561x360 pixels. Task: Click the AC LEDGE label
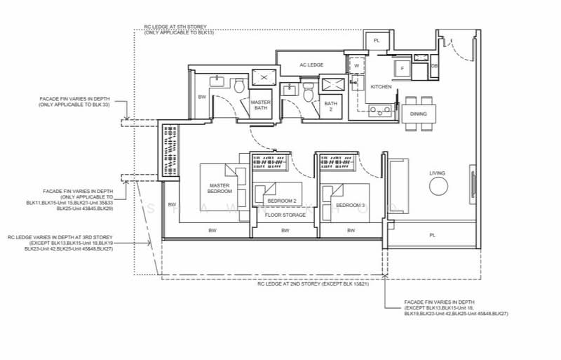311,65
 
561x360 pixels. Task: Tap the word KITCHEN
381,86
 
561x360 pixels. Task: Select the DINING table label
418,114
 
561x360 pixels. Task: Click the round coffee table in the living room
438,186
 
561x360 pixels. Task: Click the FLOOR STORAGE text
285,215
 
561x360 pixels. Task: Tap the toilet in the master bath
238,86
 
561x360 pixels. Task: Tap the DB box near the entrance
435,65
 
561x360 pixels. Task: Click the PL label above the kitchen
377,41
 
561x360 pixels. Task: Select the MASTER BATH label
260,106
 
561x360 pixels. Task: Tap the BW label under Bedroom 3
350,230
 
